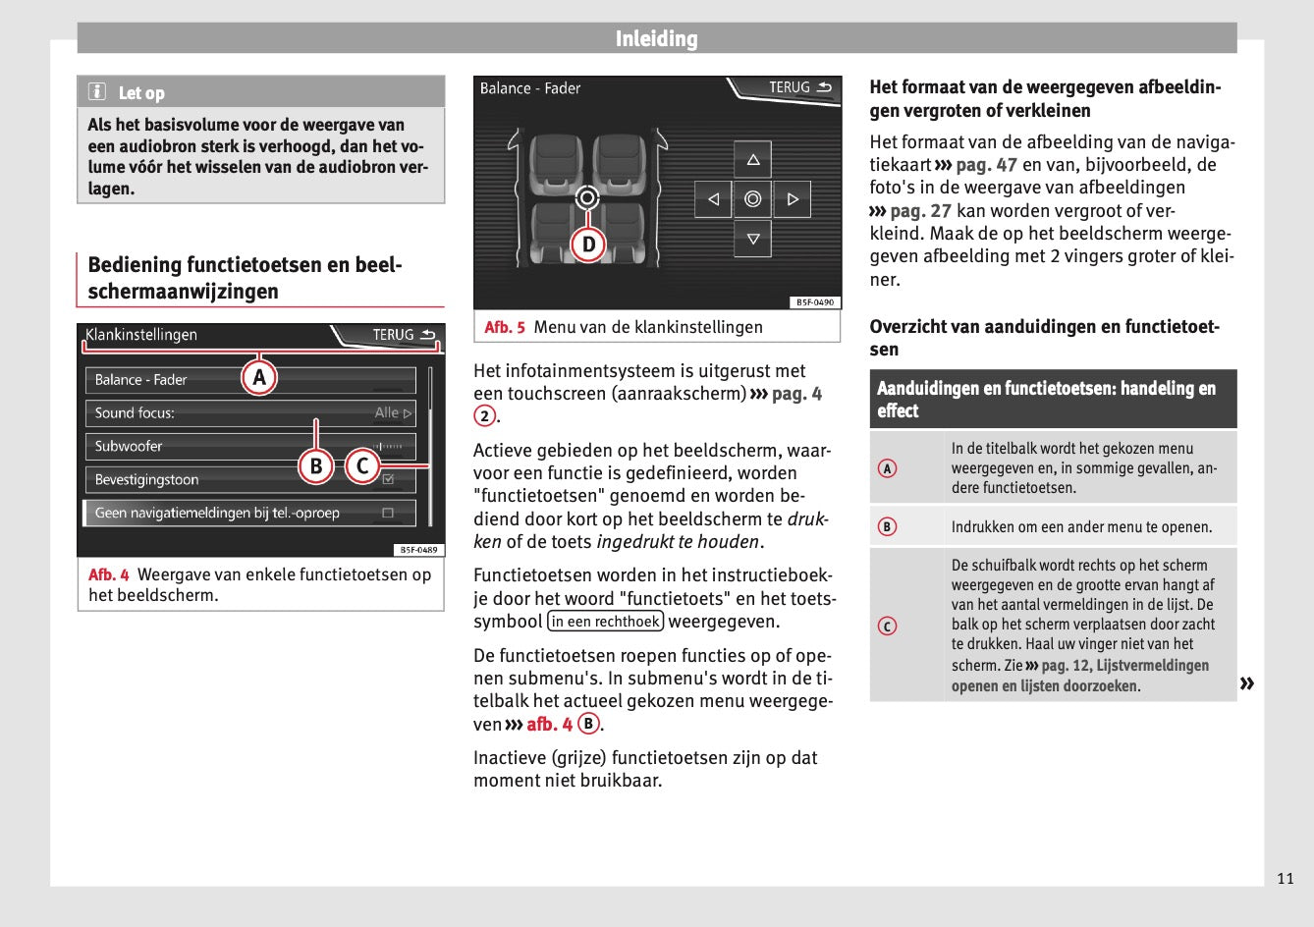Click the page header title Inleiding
click(656, 39)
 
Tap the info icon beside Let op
click(97, 92)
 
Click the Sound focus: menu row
click(249, 413)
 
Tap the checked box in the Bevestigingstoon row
click(388, 480)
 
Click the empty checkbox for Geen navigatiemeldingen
click(388, 513)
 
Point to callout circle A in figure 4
click(259, 377)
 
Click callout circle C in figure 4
click(362, 465)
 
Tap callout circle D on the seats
click(587, 244)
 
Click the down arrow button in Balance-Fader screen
click(752, 239)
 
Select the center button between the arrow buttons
click(752, 199)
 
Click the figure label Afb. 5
click(505, 327)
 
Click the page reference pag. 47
click(986, 165)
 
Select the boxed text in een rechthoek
click(606, 622)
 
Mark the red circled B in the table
click(887, 527)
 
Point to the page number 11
click(1286, 878)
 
